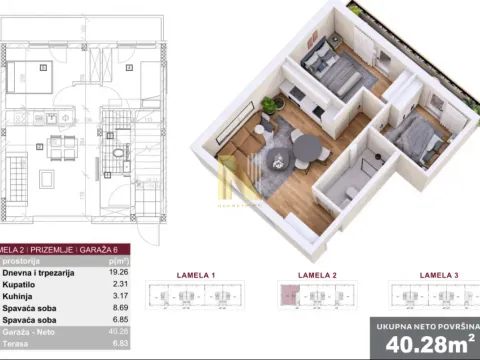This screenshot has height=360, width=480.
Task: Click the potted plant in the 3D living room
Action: pos(269,103)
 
